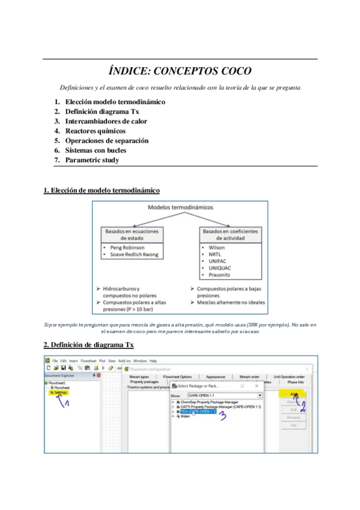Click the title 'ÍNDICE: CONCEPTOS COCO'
[x=180, y=71]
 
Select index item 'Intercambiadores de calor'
[x=106, y=121]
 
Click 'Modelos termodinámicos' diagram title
[x=180, y=208]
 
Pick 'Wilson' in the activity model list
[x=218, y=247]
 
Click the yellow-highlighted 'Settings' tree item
[x=59, y=392]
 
